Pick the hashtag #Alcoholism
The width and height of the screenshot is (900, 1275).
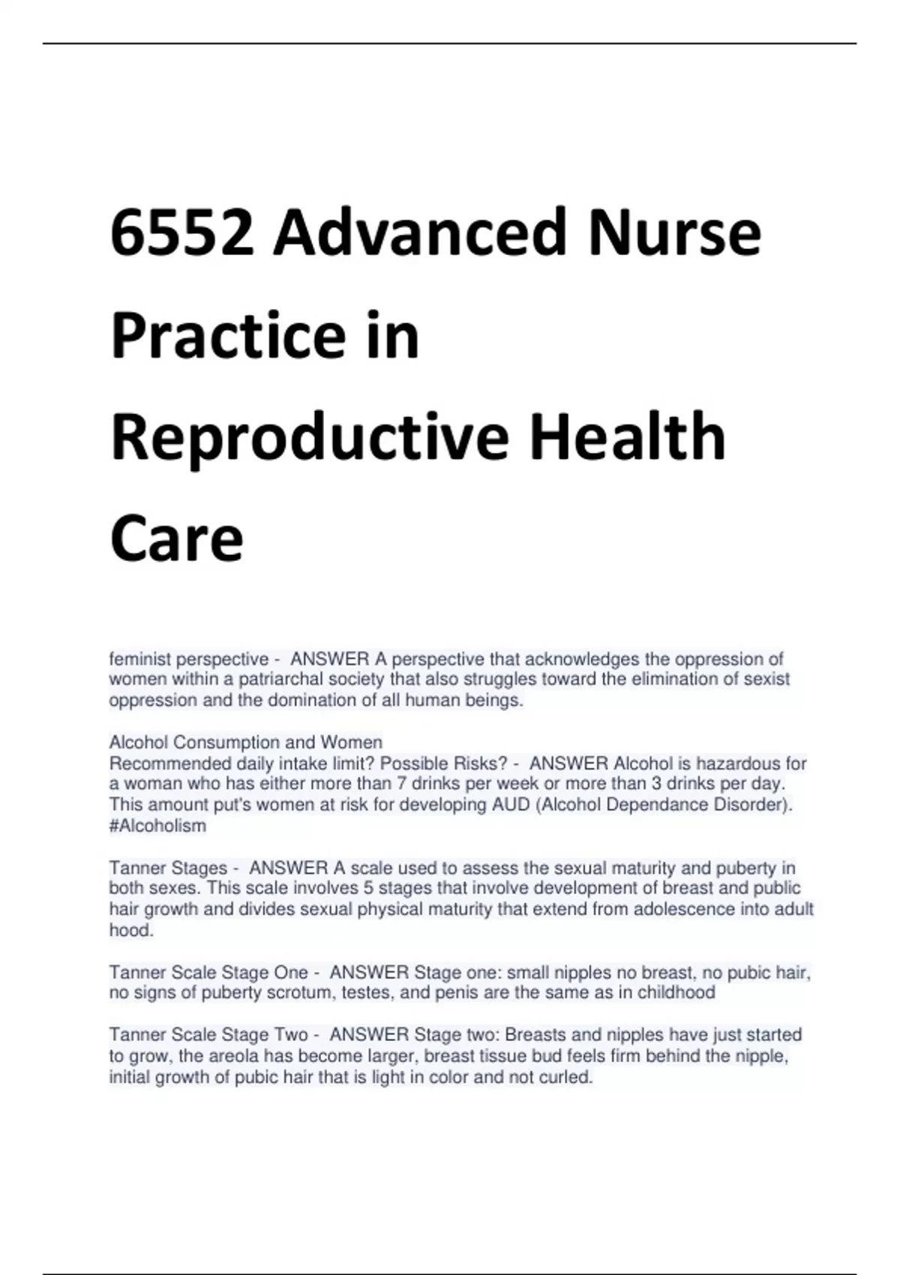click(157, 826)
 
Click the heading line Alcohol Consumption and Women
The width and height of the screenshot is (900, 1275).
click(245, 742)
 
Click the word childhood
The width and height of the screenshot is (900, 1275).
click(676, 993)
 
